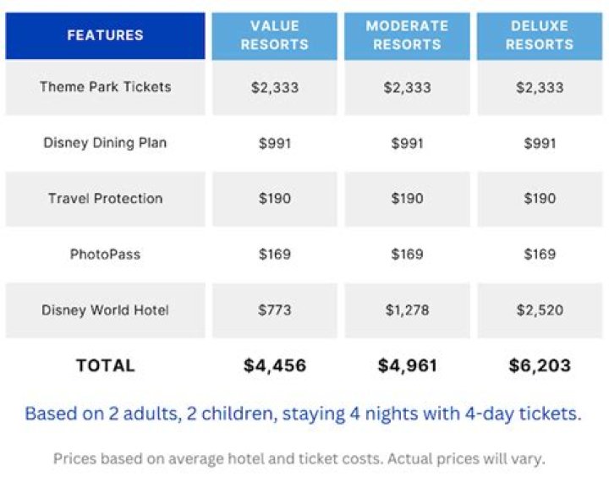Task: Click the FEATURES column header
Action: [x=105, y=36]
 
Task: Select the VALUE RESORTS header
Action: [x=274, y=36]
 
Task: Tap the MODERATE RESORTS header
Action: [x=407, y=36]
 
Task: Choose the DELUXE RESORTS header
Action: [x=540, y=36]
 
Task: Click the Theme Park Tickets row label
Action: [x=105, y=87]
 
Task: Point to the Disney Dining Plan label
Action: [x=105, y=143]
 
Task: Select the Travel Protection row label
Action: [x=105, y=199]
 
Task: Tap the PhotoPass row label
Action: [x=105, y=255]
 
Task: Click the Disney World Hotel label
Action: [x=105, y=310]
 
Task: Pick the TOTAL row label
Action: [x=105, y=365]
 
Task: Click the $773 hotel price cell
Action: [x=274, y=310]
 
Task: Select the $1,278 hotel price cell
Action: [x=407, y=310]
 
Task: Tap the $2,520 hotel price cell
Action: [x=540, y=310]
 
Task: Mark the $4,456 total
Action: [x=274, y=365]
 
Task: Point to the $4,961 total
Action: [x=407, y=365]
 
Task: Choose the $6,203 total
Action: [x=540, y=365]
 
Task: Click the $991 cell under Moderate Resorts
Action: [x=407, y=143]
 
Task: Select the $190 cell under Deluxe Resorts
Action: [x=540, y=199]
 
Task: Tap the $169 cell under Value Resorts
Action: [x=274, y=255]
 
